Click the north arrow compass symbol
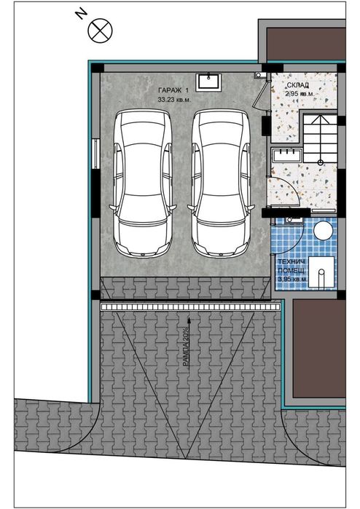(x=99, y=30)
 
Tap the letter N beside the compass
(x=79, y=13)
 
